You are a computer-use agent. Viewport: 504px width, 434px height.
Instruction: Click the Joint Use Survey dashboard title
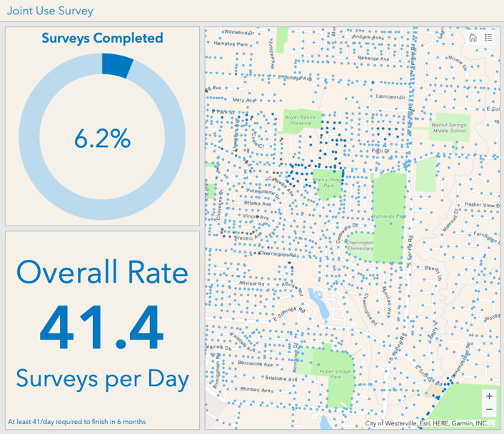(x=50, y=11)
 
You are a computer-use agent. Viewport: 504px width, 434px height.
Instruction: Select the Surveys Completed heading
(x=102, y=38)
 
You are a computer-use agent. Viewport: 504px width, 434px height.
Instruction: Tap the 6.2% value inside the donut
(x=102, y=139)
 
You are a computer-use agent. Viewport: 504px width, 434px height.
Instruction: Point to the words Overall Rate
(x=102, y=272)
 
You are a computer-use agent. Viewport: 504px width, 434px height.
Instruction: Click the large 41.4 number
(x=102, y=325)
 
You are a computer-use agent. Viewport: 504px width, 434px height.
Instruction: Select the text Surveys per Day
(x=102, y=377)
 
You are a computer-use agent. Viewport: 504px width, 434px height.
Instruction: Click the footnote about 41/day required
(x=76, y=421)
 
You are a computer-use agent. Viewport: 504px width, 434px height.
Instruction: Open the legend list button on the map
(x=488, y=38)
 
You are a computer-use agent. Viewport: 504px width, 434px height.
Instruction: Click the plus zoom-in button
(x=489, y=396)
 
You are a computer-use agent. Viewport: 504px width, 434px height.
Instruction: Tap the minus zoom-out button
(x=489, y=410)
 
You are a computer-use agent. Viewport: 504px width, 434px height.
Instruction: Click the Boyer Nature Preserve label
(x=298, y=119)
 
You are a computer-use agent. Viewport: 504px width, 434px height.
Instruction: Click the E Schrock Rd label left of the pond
(x=289, y=313)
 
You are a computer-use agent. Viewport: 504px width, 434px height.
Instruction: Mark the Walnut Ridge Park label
(x=328, y=183)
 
